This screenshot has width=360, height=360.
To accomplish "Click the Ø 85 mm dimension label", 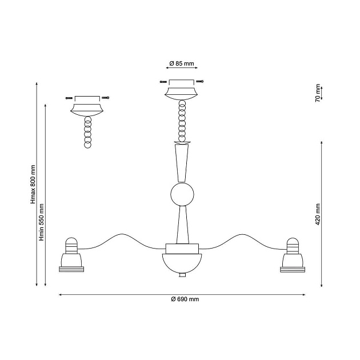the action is click(182, 63).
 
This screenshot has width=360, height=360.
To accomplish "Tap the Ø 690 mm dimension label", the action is click(185, 299).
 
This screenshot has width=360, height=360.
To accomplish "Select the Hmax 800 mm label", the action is click(33, 184).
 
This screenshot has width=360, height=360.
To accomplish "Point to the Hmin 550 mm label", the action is click(42, 222).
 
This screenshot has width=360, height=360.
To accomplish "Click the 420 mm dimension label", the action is click(318, 214).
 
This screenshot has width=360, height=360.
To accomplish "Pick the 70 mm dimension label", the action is click(318, 93).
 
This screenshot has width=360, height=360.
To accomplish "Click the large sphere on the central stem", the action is click(182, 194).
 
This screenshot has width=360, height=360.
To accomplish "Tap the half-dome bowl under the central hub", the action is click(182, 263).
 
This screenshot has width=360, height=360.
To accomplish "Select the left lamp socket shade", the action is click(71, 260).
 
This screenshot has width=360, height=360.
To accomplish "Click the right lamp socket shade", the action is click(293, 260).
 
